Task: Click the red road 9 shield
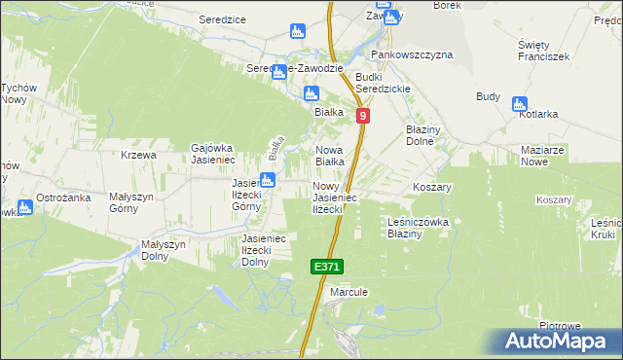click(363, 116)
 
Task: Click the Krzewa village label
click(139, 156)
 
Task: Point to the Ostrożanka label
click(63, 198)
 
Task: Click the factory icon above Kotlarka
click(519, 103)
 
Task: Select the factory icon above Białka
click(311, 94)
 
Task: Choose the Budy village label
click(488, 96)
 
